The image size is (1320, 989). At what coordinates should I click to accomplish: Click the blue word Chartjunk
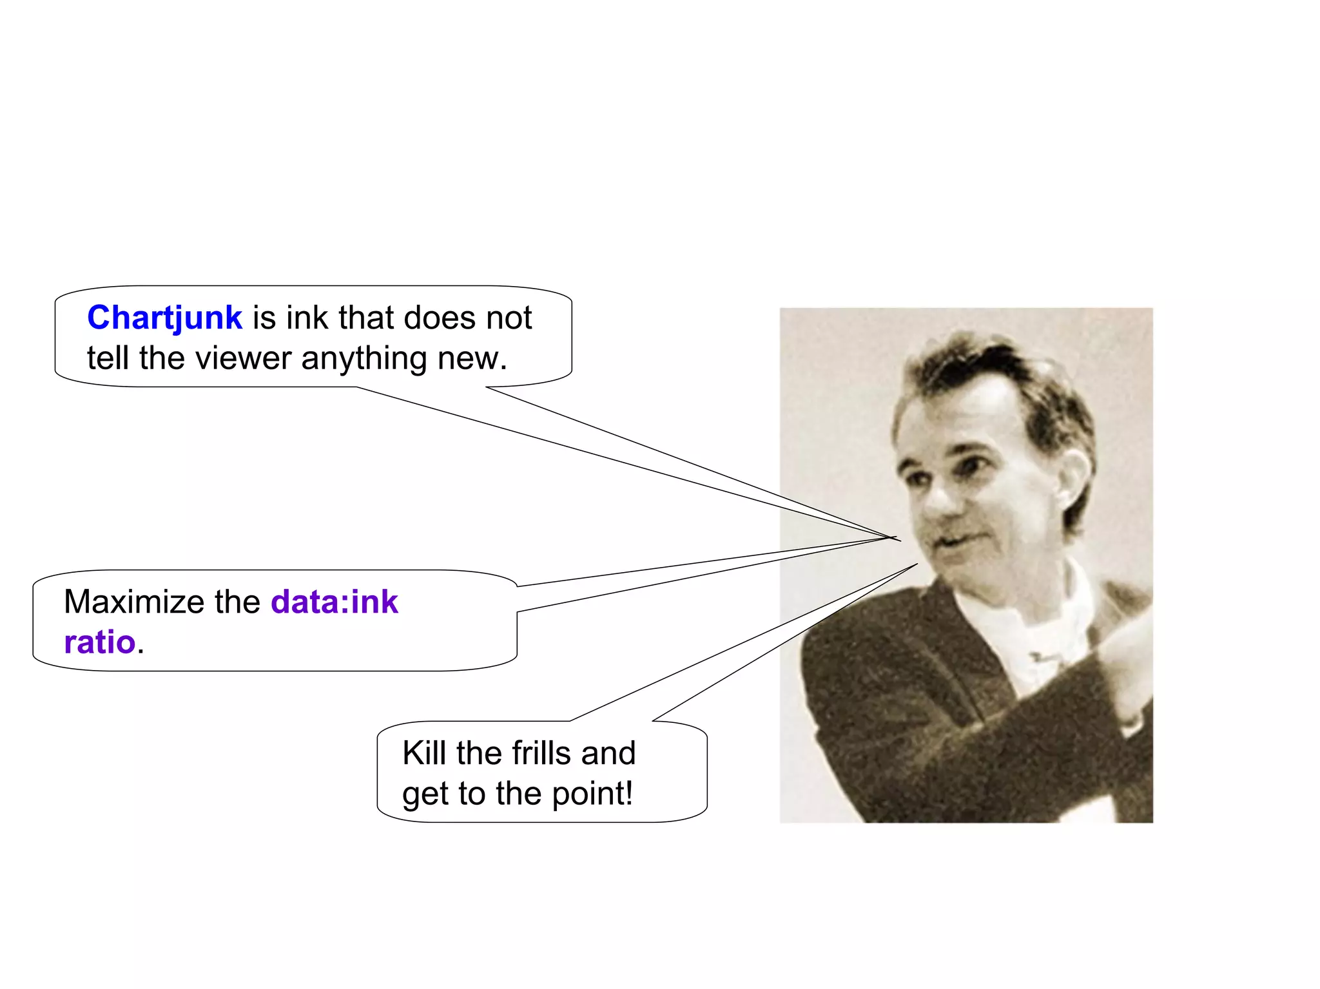pos(164,318)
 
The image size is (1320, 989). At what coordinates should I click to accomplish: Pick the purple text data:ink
pos(335,602)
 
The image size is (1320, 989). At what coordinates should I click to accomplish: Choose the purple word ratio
pos(100,642)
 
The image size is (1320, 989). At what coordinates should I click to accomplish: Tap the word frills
pos(541,753)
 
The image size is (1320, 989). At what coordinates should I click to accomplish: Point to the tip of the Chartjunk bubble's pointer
pos(898,539)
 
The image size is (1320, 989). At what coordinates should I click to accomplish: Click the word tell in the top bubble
pos(108,358)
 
